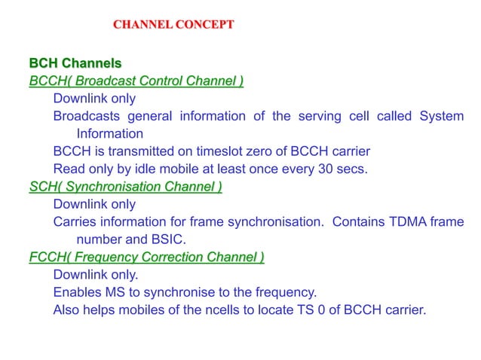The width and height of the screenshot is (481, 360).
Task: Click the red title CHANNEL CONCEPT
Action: [173, 25]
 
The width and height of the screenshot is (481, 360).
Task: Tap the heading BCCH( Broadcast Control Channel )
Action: [136, 80]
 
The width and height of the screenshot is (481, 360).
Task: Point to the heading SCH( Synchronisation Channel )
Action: [125, 187]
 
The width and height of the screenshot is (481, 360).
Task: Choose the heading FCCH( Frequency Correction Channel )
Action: [146, 258]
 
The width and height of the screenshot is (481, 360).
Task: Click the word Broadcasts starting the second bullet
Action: [86, 116]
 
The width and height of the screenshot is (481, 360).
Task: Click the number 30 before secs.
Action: [326, 169]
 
